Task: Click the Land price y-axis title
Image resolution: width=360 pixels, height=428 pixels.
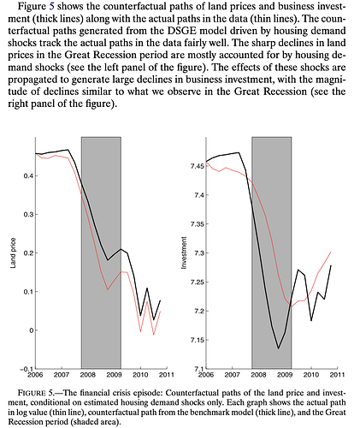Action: [x=13, y=253]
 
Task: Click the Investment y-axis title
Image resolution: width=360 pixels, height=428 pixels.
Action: [x=184, y=253]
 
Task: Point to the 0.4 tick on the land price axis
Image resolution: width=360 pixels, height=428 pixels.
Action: [x=28, y=175]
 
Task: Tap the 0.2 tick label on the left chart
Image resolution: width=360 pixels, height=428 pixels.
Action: [x=28, y=253]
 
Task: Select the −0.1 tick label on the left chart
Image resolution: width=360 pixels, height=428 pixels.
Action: [x=27, y=369]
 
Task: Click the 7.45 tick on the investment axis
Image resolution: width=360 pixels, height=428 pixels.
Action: [x=198, y=166]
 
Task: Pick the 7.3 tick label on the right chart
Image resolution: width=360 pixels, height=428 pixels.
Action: [x=199, y=253]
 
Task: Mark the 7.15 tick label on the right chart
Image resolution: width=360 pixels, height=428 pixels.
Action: [x=198, y=340]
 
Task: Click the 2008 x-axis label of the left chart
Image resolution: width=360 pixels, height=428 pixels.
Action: [x=88, y=374]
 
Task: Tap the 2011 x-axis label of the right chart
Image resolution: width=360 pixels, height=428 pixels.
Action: [x=338, y=374]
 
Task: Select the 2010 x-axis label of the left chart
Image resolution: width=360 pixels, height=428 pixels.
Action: [x=140, y=374]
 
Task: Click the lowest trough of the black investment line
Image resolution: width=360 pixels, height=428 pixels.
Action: [x=278, y=348]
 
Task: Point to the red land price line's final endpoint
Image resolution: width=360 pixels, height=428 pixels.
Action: [x=161, y=312]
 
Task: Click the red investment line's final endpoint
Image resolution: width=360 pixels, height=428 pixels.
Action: [x=331, y=252]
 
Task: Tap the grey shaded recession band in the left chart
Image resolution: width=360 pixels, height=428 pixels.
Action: [x=101, y=253]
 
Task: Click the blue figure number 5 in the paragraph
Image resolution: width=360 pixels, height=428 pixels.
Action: [x=51, y=6]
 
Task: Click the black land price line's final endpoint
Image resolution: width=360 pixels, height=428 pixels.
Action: [x=161, y=300]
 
